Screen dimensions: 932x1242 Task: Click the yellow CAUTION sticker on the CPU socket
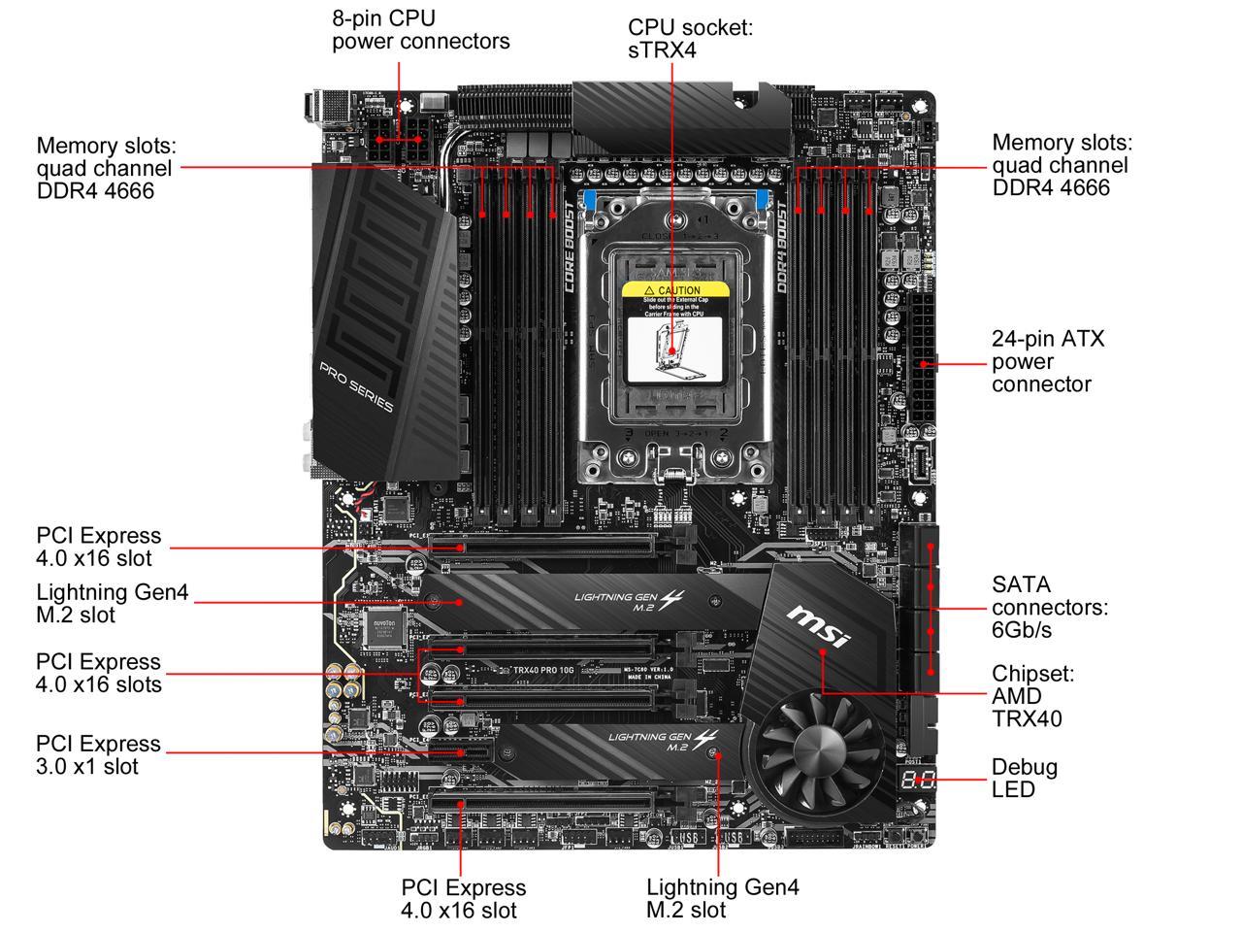(674, 290)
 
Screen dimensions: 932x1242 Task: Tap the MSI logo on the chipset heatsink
(817, 627)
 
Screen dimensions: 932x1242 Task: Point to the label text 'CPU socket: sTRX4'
(690, 38)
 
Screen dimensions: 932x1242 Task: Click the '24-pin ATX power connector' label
(1048, 361)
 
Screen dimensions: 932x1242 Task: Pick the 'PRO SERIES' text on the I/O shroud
(356, 385)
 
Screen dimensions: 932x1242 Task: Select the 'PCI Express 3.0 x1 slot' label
(98, 754)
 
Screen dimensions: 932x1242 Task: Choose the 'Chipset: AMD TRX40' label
(1032, 696)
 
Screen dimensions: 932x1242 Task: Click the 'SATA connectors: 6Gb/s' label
(1049, 607)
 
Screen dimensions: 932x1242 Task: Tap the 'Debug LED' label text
(1024, 778)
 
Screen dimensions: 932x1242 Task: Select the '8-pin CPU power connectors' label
(420, 30)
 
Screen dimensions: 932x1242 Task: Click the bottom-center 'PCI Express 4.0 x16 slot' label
(463, 898)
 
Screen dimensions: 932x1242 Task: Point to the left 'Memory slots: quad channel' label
(104, 167)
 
